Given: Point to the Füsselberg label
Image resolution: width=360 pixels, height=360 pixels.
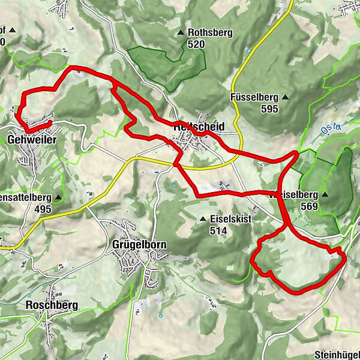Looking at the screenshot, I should point(252,97).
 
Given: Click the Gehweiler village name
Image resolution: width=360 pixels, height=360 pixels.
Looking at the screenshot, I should point(32,139).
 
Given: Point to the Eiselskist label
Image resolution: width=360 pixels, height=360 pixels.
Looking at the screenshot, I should point(230,219).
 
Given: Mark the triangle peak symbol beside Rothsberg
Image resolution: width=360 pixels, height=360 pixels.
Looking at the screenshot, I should point(181,32).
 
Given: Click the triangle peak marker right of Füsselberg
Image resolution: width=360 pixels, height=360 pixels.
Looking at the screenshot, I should point(286,97).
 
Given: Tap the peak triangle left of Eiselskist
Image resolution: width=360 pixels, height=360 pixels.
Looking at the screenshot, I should point(203,219).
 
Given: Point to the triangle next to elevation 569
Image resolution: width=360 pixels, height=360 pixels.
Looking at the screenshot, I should point(325,195).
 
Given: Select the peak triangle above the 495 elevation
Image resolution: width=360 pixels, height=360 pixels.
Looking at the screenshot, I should point(58,197).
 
